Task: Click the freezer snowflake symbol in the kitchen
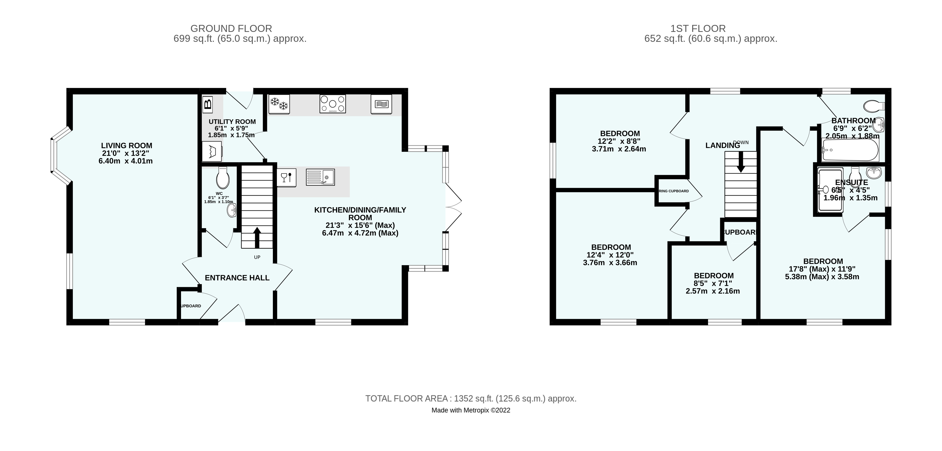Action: click(x=279, y=105)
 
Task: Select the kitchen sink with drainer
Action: click(x=320, y=177)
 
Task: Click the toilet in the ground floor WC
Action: click(x=222, y=178)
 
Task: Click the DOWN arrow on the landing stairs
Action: click(x=741, y=162)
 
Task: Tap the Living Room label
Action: click(x=127, y=145)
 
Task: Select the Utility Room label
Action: click(x=232, y=122)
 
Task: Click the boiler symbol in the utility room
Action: click(x=207, y=105)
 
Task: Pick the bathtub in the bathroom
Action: click(x=850, y=150)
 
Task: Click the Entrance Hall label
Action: click(x=237, y=278)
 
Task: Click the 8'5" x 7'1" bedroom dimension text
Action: click(x=713, y=283)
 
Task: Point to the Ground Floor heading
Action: click(x=231, y=28)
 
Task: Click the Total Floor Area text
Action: click(x=471, y=398)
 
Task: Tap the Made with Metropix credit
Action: click(x=471, y=410)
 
